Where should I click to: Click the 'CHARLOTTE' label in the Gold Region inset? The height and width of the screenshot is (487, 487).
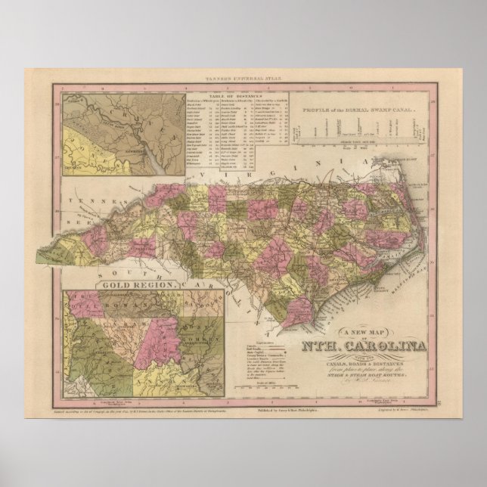[99, 355]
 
